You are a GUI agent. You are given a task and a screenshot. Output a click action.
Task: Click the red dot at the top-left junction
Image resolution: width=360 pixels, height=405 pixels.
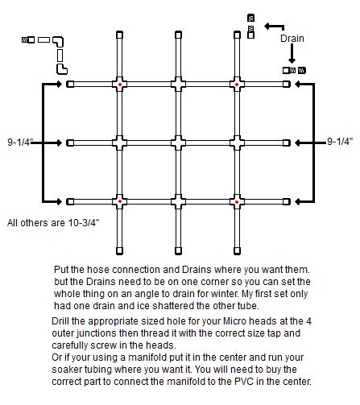[120, 85]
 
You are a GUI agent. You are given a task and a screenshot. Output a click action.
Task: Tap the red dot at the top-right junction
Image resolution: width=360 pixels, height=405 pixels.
[237, 85]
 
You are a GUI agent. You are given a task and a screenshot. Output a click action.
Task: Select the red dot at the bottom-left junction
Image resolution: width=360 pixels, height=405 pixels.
[120, 201]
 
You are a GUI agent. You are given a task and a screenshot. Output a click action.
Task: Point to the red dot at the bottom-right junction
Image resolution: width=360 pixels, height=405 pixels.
[237, 202]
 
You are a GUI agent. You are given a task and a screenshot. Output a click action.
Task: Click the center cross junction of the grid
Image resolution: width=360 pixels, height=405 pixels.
[178, 143]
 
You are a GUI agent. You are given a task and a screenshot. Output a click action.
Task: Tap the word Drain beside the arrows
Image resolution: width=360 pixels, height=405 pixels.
[292, 39]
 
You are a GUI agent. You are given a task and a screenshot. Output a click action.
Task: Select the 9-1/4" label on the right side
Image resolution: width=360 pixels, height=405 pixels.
[340, 141]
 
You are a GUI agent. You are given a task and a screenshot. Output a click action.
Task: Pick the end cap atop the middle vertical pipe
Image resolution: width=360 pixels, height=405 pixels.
[178, 35]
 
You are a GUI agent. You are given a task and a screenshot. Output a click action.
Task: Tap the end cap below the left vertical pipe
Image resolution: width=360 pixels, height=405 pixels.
[120, 250]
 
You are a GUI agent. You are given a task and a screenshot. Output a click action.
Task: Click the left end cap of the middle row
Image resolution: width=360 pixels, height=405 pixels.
[70, 143]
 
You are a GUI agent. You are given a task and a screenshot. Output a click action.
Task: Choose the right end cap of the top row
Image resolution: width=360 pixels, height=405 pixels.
[287, 85]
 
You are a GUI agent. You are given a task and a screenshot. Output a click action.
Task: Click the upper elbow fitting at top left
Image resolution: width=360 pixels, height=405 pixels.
[59, 41]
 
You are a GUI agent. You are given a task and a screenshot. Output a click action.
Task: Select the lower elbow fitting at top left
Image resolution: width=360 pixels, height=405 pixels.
[61, 69]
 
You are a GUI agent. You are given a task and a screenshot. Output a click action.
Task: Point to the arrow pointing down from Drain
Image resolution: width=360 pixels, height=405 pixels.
[292, 53]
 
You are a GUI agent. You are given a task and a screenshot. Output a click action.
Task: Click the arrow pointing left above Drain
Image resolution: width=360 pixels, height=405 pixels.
[274, 27]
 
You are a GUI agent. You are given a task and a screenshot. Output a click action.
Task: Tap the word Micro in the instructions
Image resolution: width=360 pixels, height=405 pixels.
[233, 321]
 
